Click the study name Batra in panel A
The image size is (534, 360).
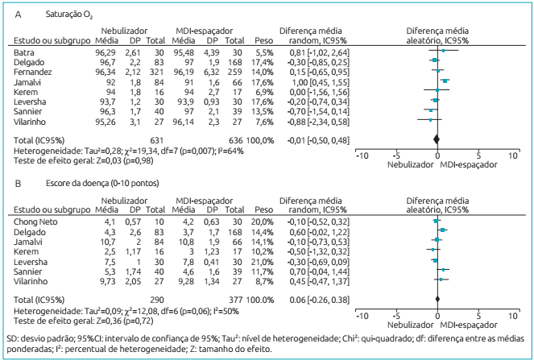point(25,51)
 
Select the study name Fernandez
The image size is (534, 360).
point(33,71)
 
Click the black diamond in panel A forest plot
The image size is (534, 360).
point(437,139)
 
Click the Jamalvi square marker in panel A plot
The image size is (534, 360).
point(445,81)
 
